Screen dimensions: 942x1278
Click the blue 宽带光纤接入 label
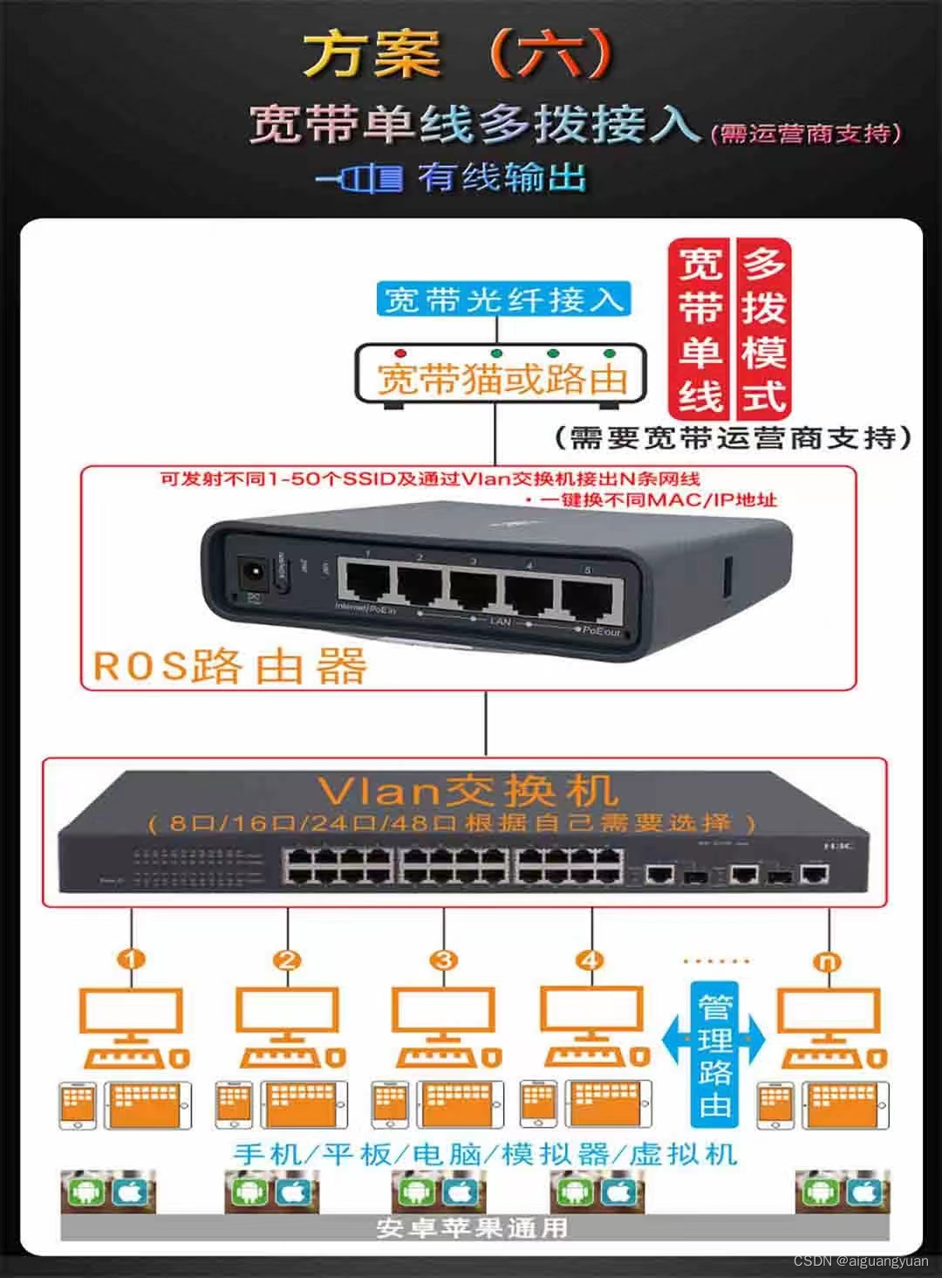point(503,300)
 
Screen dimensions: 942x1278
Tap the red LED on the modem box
point(400,354)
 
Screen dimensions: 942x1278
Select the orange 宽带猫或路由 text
point(502,380)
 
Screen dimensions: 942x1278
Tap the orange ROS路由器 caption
point(229,666)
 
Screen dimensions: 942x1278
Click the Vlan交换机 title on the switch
point(468,791)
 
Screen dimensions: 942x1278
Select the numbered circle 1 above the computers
point(132,960)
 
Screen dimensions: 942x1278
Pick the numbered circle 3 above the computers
point(444,960)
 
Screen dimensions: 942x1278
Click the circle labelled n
point(827,961)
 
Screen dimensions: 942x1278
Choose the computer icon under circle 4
point(593,1027)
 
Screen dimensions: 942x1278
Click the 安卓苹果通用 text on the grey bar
point(472,1227)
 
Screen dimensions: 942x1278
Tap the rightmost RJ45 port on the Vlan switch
point(815,871)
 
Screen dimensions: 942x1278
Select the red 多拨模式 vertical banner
point(764,329)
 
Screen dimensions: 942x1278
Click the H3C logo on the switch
point(839,844)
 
